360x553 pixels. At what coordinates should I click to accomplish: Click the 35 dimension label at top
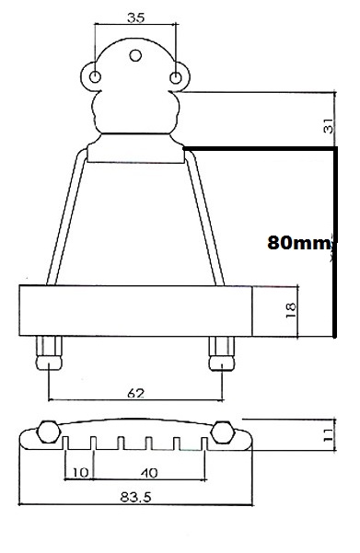[x=136, y=17]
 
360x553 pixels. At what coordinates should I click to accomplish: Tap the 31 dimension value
[x=328, y=125]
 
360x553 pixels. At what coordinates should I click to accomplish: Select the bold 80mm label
[x=299, y=243]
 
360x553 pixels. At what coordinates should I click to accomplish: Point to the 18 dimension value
[x=291, y=310]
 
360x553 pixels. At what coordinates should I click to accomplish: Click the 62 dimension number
[x=136, y=393]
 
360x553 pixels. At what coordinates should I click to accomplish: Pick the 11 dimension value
[x=328, y=435]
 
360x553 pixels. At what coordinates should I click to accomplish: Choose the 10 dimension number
[x=80, y=473]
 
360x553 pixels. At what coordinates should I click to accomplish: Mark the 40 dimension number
[x=149, y=473]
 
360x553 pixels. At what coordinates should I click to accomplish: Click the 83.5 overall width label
[x=135, y=497]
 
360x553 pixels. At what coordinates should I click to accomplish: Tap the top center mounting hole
[x=135, y=55]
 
